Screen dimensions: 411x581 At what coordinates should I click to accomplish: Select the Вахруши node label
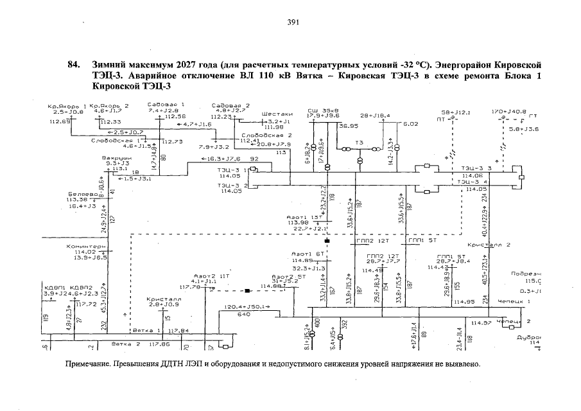(117, 157)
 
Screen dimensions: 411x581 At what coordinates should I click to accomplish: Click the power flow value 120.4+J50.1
(248, 308)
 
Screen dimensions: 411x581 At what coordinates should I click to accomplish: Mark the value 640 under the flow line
(244, 315)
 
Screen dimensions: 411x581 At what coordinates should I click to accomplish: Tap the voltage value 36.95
(349, 126)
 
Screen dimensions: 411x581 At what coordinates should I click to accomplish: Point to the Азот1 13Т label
(306, 217)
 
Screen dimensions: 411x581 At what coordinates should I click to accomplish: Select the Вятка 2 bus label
(126, 344)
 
